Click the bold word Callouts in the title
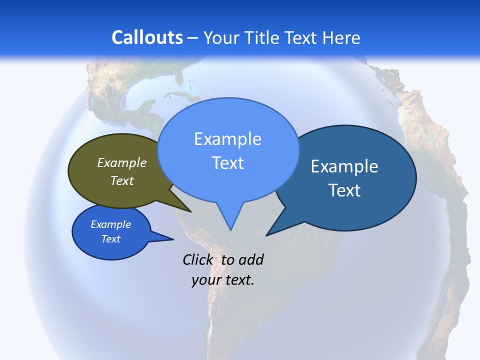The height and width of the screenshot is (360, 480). click(x=147, y=37)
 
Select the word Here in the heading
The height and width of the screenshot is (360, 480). click(x=341, y=37)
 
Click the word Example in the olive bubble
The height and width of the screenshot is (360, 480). click(x=122, y=163)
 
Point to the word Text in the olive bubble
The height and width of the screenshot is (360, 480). click(x=122, y=180)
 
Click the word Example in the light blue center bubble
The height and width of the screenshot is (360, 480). click(x=228, y=139)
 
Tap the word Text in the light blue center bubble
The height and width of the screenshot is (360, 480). click(x=228, y=163)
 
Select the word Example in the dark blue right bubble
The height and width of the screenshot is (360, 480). click(x=344, y=166)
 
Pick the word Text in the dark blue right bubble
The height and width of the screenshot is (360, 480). click(x=344, y=190)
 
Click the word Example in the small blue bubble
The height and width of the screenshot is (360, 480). click(x=111, y=224)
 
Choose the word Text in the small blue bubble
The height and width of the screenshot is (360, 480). click(x=111, y=239)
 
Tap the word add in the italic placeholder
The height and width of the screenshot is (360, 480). click(x=251, y=259)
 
